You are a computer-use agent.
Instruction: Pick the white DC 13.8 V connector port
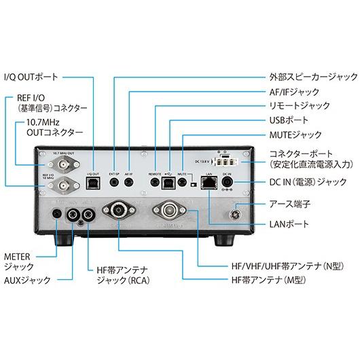click(x=227, y=161)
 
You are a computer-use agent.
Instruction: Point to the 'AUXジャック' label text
click(x=26, y=279)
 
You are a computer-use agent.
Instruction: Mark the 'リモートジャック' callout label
click(x=296, y=106)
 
